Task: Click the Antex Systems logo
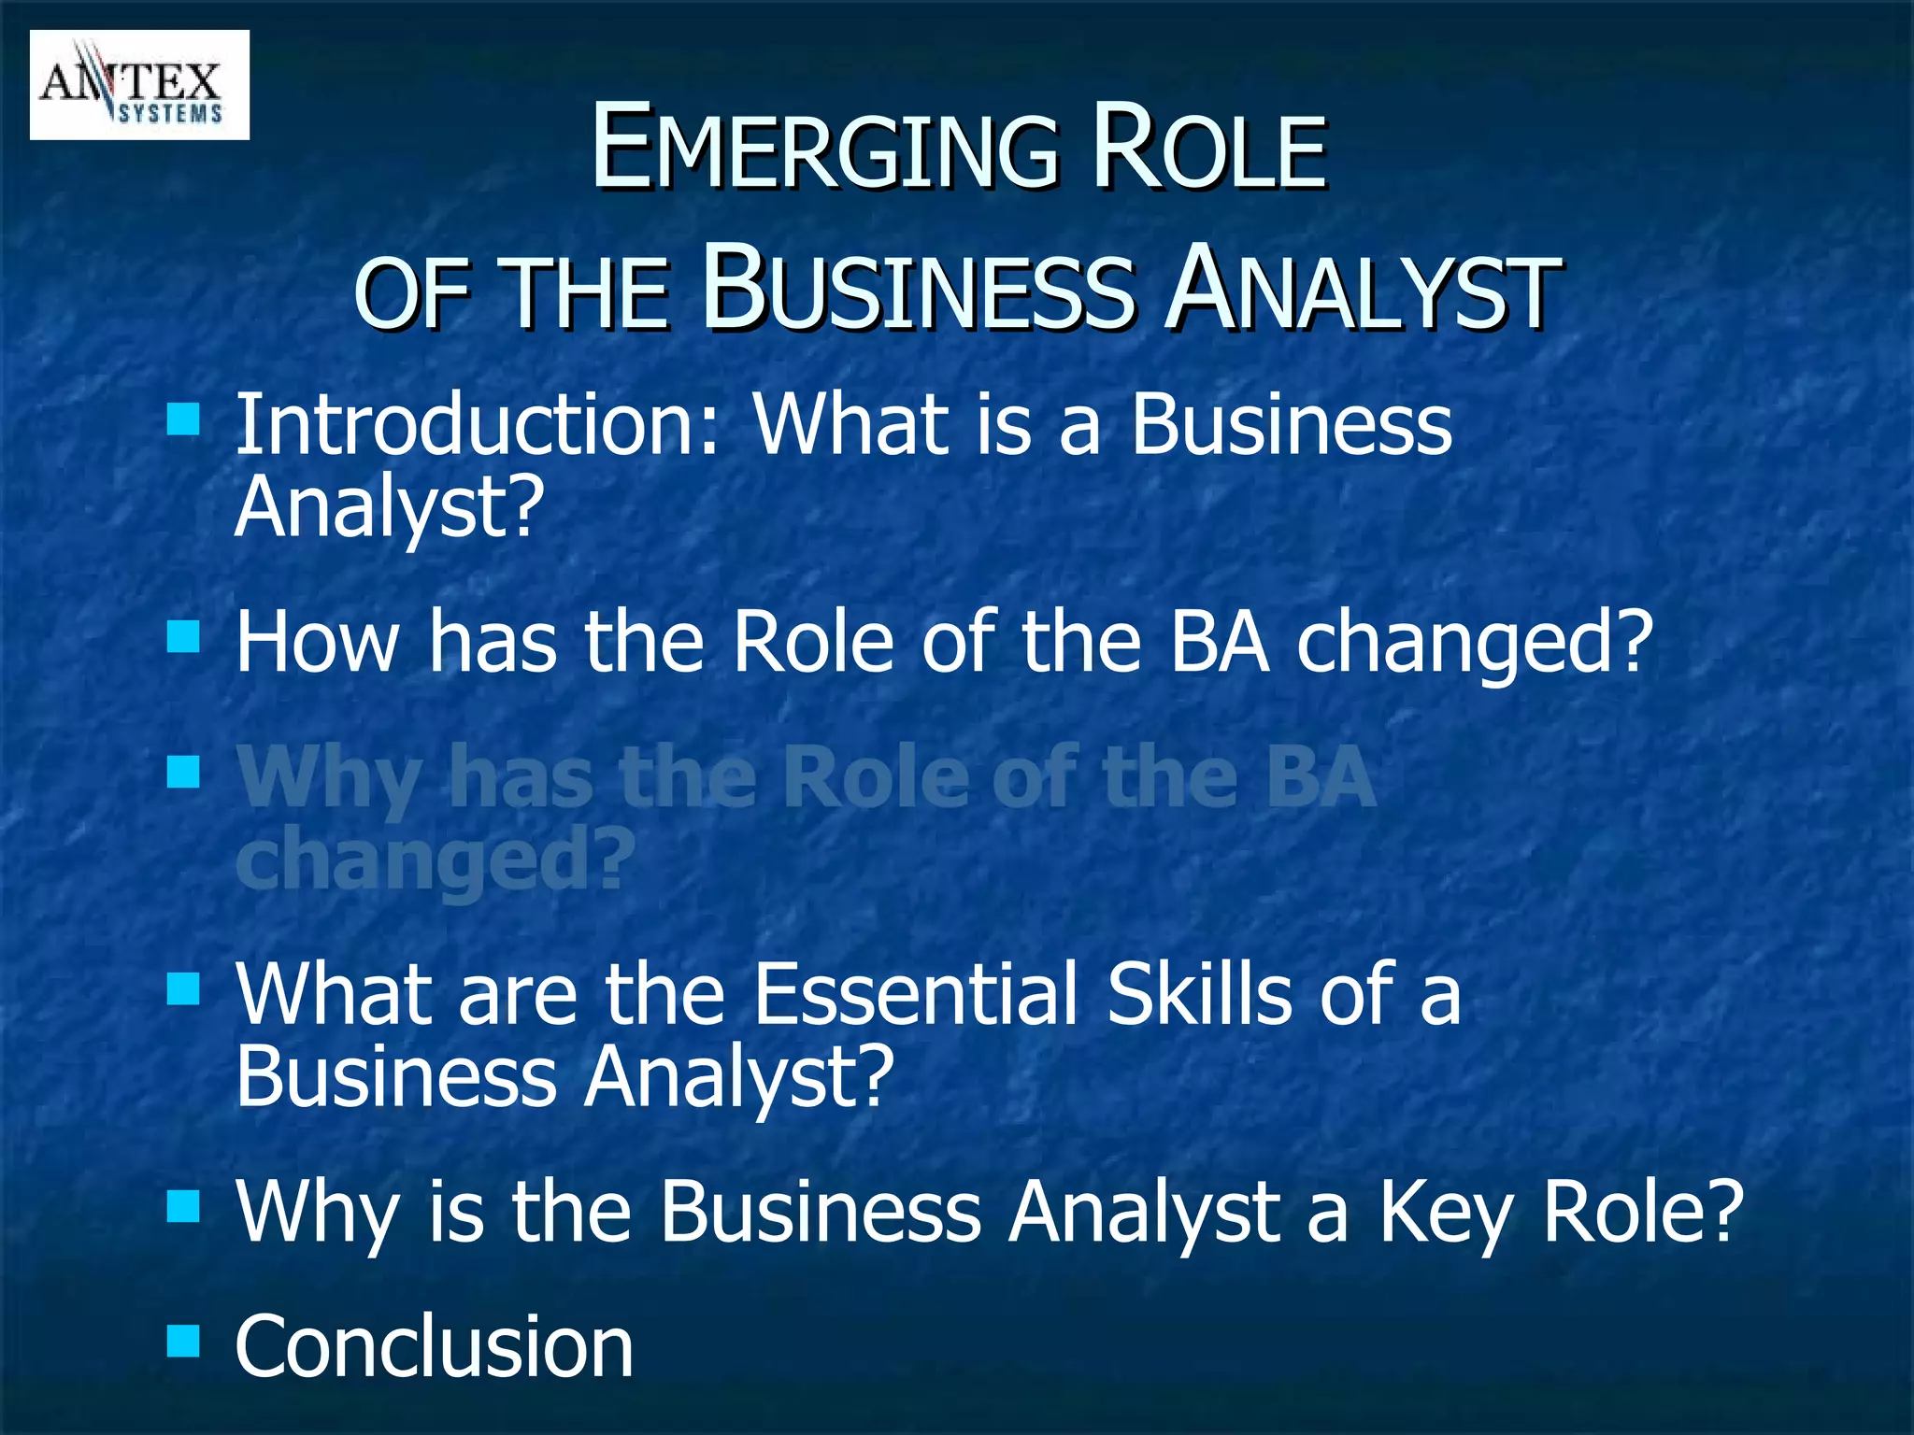coord(139,85)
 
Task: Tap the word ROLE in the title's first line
coord(1209,149)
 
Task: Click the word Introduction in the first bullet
coord(477,425)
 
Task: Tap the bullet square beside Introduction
coord(183,419)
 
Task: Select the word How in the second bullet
coord(318,642)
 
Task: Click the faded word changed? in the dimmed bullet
coord(436,860)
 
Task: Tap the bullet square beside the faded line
coord(183,773)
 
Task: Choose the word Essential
coord(916,994)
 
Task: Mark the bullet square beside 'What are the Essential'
coord(183,988)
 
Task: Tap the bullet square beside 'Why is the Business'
coord(183,1206)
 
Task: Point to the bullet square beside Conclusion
coord(183,1342)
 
